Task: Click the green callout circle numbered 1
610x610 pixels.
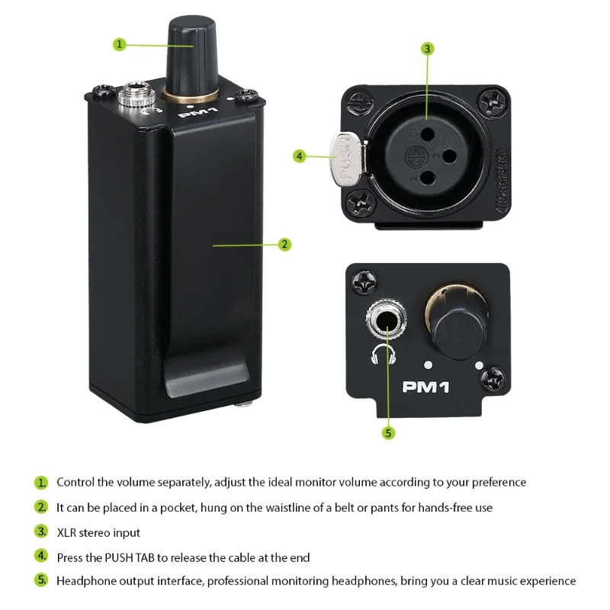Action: (x=120, y=44)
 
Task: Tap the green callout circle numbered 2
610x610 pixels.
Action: (x=284, y=244)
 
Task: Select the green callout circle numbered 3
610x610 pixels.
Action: (x=428, y=49)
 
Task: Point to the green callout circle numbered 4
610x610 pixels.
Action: (x=299, y=156)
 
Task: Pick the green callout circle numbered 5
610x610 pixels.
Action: (x=388, y=433)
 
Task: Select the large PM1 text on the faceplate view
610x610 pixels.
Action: (x=425, y=387)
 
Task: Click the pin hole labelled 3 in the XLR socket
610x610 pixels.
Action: (x=449, y=156)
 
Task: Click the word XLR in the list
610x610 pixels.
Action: (x=66, y=532)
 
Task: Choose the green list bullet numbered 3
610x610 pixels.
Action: (x=41, y=531)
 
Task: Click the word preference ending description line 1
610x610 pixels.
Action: (x=499, y=483)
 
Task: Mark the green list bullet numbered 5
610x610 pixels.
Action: (x=41, y=580)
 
